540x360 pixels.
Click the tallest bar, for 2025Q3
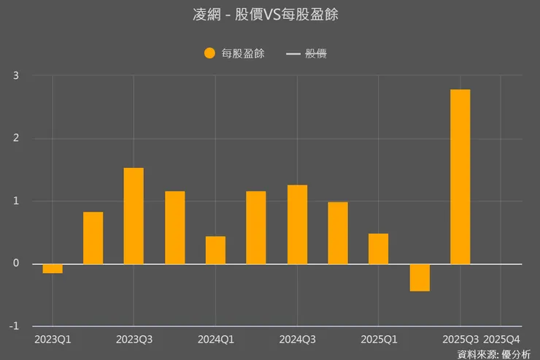pos(460,177)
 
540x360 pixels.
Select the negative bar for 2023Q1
pos(53,268)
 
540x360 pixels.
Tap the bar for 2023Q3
pos(134,216)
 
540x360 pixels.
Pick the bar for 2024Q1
pos(215,250)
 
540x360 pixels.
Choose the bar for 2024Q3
pos(297,224)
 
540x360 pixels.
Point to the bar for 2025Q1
pos(378,248)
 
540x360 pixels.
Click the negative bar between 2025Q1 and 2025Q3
pos(420,277)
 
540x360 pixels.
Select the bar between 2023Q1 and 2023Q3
pos(93,238)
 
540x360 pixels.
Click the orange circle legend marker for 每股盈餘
pos(209,53)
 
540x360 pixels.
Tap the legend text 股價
pos(316,53)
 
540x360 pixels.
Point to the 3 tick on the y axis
pos(15,75)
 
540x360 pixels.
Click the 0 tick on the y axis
pos(15,264)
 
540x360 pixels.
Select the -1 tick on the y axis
pos(14,326)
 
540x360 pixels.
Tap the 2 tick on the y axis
pos(15,138)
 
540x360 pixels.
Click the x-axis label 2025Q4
pos(502,340)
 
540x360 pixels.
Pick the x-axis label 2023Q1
pos(53,340)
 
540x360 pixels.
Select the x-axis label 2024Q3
pos(297,340)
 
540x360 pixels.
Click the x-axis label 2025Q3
pos(460,340)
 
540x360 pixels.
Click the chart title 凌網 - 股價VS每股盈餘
pos(270,15)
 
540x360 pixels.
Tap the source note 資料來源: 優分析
pos(494,354)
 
